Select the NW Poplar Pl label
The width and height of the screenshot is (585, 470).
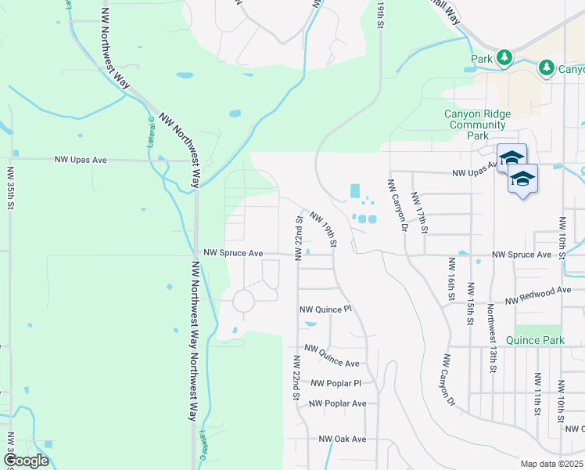click(336, 384)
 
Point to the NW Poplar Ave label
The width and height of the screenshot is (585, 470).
click(338, 403)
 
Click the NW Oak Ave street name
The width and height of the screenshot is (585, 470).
click(337, 439)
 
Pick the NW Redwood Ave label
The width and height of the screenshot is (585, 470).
click(539, 295)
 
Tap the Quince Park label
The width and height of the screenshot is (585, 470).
click(535, 340)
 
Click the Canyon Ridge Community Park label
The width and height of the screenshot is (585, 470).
click(477, 125)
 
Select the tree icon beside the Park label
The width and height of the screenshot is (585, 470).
click(505, 57)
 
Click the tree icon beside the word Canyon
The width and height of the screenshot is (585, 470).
click(547, 68)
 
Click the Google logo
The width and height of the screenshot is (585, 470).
click(26, 460)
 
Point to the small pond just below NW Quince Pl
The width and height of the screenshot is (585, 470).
click(310, 324)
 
